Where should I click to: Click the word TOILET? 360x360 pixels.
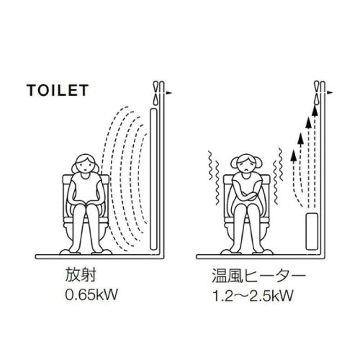tap(58, 90)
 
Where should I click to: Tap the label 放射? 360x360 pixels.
tap(81, 275)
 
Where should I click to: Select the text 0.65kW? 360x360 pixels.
tap(91, 294)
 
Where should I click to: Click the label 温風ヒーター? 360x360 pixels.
tap(258, 276)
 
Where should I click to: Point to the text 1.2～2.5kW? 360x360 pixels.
tap(253, 295)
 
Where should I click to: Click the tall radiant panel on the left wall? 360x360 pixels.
tap(153, 179)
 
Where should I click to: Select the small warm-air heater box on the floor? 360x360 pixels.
tap(312, 231)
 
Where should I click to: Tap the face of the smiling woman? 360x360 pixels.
tap(85, 165)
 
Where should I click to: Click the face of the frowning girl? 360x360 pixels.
tap(246, 166)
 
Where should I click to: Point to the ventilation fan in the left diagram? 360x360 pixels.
tap(156, 93)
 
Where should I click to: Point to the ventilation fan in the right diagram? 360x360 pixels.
tap(317, 93)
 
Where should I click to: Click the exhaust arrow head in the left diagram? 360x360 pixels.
tap(169, 93)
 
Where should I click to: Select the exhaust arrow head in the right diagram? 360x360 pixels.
tap(330, 93)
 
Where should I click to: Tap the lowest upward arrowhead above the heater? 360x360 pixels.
tap(292, 155)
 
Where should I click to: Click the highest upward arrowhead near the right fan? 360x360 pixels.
tap(315, 110)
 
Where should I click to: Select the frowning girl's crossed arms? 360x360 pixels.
tap(245, 194)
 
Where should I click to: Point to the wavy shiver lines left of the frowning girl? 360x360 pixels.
tap(214, 177)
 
